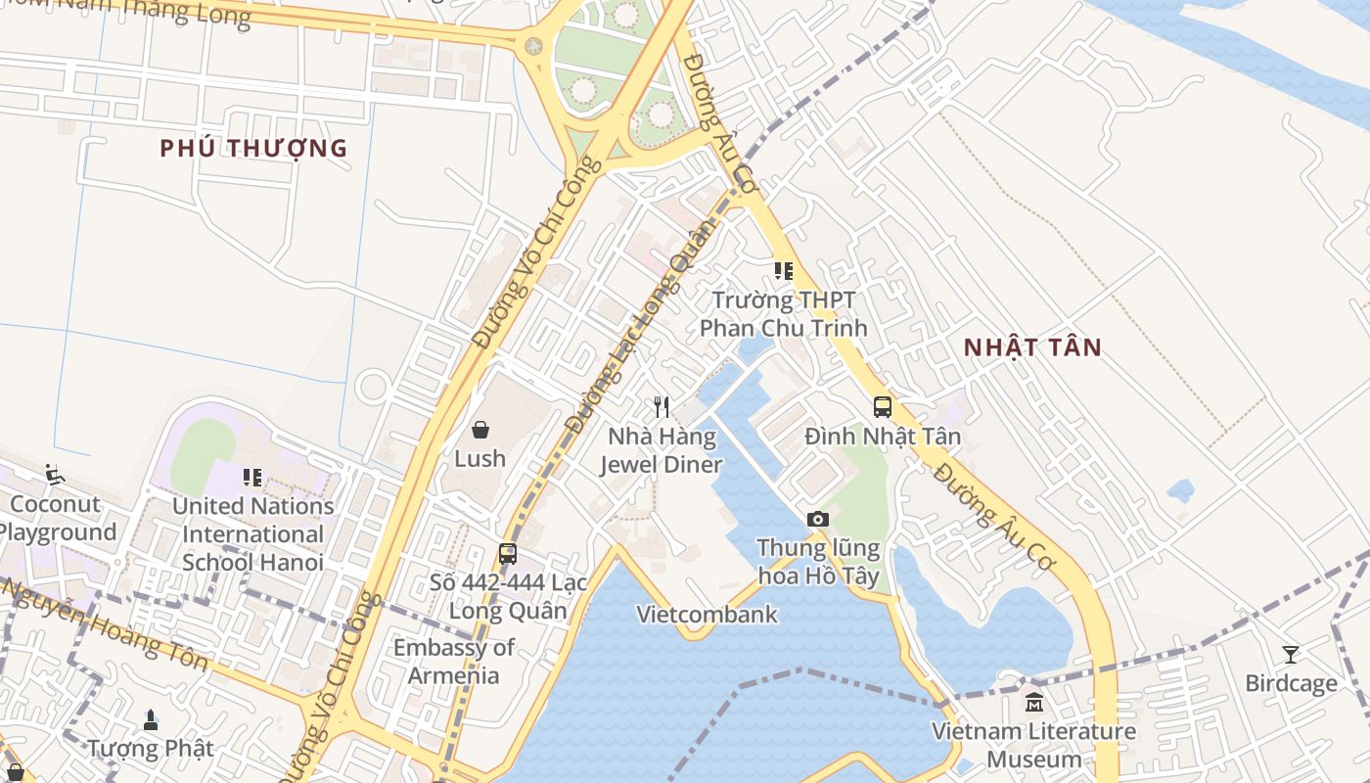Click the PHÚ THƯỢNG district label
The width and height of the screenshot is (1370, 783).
pos(253,149)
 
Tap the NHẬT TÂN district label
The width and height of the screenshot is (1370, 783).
pos(1032,347)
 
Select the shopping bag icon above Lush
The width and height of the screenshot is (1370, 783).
pos(479,430)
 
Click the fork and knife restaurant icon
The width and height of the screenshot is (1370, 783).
pos(662,407)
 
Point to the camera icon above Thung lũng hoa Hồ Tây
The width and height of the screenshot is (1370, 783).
pos(818,519)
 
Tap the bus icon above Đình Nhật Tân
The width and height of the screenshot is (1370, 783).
pos(883,407)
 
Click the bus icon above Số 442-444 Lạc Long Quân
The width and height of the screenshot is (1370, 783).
pos(507,554)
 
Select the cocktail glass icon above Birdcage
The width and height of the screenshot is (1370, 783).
pos(1291,654)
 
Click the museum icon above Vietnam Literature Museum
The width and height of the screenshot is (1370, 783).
pos(1033,702)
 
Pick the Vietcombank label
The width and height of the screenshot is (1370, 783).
pos(707,615)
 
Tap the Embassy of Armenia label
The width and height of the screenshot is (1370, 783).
pos(454,662)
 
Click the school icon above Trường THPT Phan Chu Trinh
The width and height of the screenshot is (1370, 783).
pos(783,271)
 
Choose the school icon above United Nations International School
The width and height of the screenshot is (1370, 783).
pos(252,478)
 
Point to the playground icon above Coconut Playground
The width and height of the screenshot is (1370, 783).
pos(55,476)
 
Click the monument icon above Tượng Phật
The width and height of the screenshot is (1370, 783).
pos(150,720)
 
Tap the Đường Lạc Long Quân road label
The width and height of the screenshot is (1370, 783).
pos(642,328)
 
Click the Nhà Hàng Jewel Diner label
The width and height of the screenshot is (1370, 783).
pos(662,450)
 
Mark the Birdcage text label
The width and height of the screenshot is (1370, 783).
pos(1291,683)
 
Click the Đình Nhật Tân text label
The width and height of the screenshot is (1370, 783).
pos(883,437)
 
